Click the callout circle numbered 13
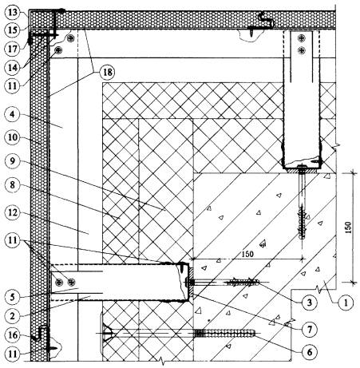12,13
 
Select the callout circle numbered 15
12,30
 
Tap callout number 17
12,49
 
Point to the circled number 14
12,68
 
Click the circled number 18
107,73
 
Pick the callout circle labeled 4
12,115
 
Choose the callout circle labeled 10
12,137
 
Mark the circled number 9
12,161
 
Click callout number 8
12,185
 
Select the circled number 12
12,212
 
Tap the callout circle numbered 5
12,297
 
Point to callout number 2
12,316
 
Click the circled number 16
12,335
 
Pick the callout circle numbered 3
309,303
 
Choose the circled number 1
346,303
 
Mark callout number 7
309,330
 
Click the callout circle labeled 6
309,352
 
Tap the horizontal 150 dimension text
247,254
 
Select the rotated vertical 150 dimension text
349,228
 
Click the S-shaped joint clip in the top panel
265,20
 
